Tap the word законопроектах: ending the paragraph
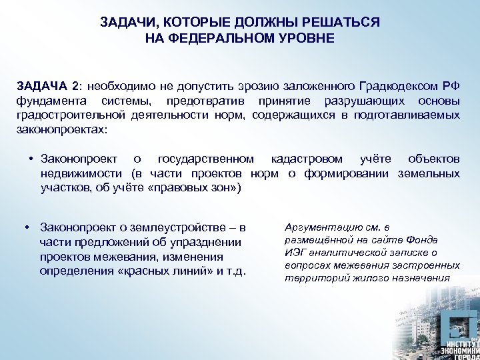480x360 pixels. coord(61,129)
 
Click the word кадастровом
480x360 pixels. coord(307,159)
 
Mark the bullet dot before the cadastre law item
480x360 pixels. coord(31,159)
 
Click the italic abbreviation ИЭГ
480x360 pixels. coord(295,253)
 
